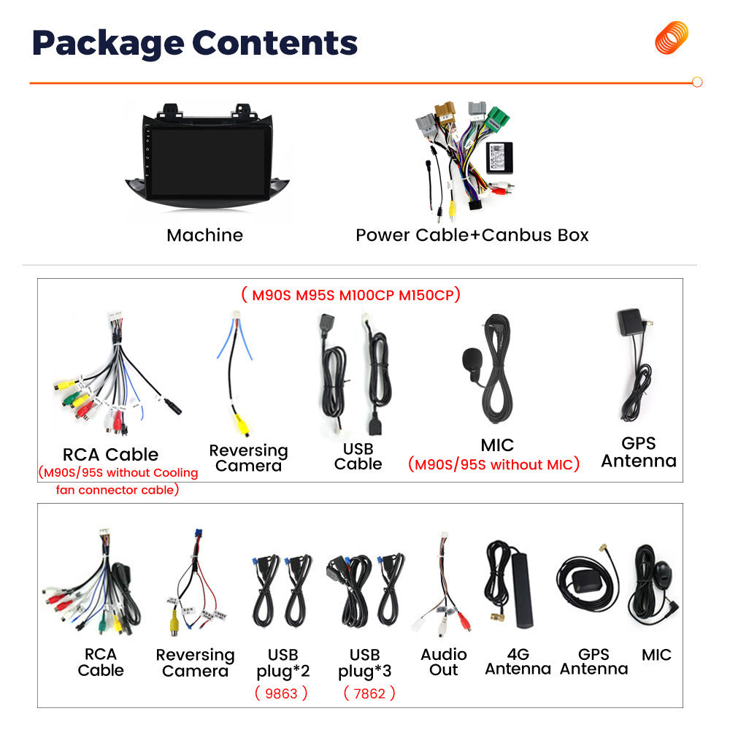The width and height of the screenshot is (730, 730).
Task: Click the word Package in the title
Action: pyautogui.click(x=108, y=43)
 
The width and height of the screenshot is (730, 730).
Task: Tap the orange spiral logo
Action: pyautogui.click(x=672, y=38)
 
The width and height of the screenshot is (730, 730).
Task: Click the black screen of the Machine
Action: pyautogui.click(x=209, y=162)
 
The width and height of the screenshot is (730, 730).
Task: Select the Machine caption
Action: pyautogui.click(x=205, y=235)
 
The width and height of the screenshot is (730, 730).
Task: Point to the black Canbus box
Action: pyautogui.click(x=499, y=158)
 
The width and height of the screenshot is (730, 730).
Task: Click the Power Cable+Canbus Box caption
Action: pyautogui.click(x=472, y=235)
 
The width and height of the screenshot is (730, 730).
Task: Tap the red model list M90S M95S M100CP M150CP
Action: pyautogui.click(x=352, y=295)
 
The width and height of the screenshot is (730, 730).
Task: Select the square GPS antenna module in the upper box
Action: pyautogui.click(x=629, y=322)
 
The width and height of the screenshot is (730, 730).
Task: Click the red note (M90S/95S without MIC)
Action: pyautogui.click(x=493, y=464)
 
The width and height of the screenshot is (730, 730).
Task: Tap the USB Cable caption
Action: pyautogui.click(x=358, y=456)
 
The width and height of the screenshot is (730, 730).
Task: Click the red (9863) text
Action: pyautogui.click(x=281, y=693)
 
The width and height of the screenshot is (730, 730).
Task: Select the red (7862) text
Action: pyautogui.click(x=369, y=693)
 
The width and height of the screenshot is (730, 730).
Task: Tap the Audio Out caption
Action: pyautogui.click(x=444, y=662)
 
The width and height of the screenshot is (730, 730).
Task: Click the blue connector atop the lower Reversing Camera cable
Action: pyautogui.click(x=199, y=534)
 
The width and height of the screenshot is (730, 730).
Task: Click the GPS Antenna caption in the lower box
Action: pyautogui.click(x=593, y=661)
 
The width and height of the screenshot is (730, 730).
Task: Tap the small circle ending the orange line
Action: pyautogui.click(x=697, y=82)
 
